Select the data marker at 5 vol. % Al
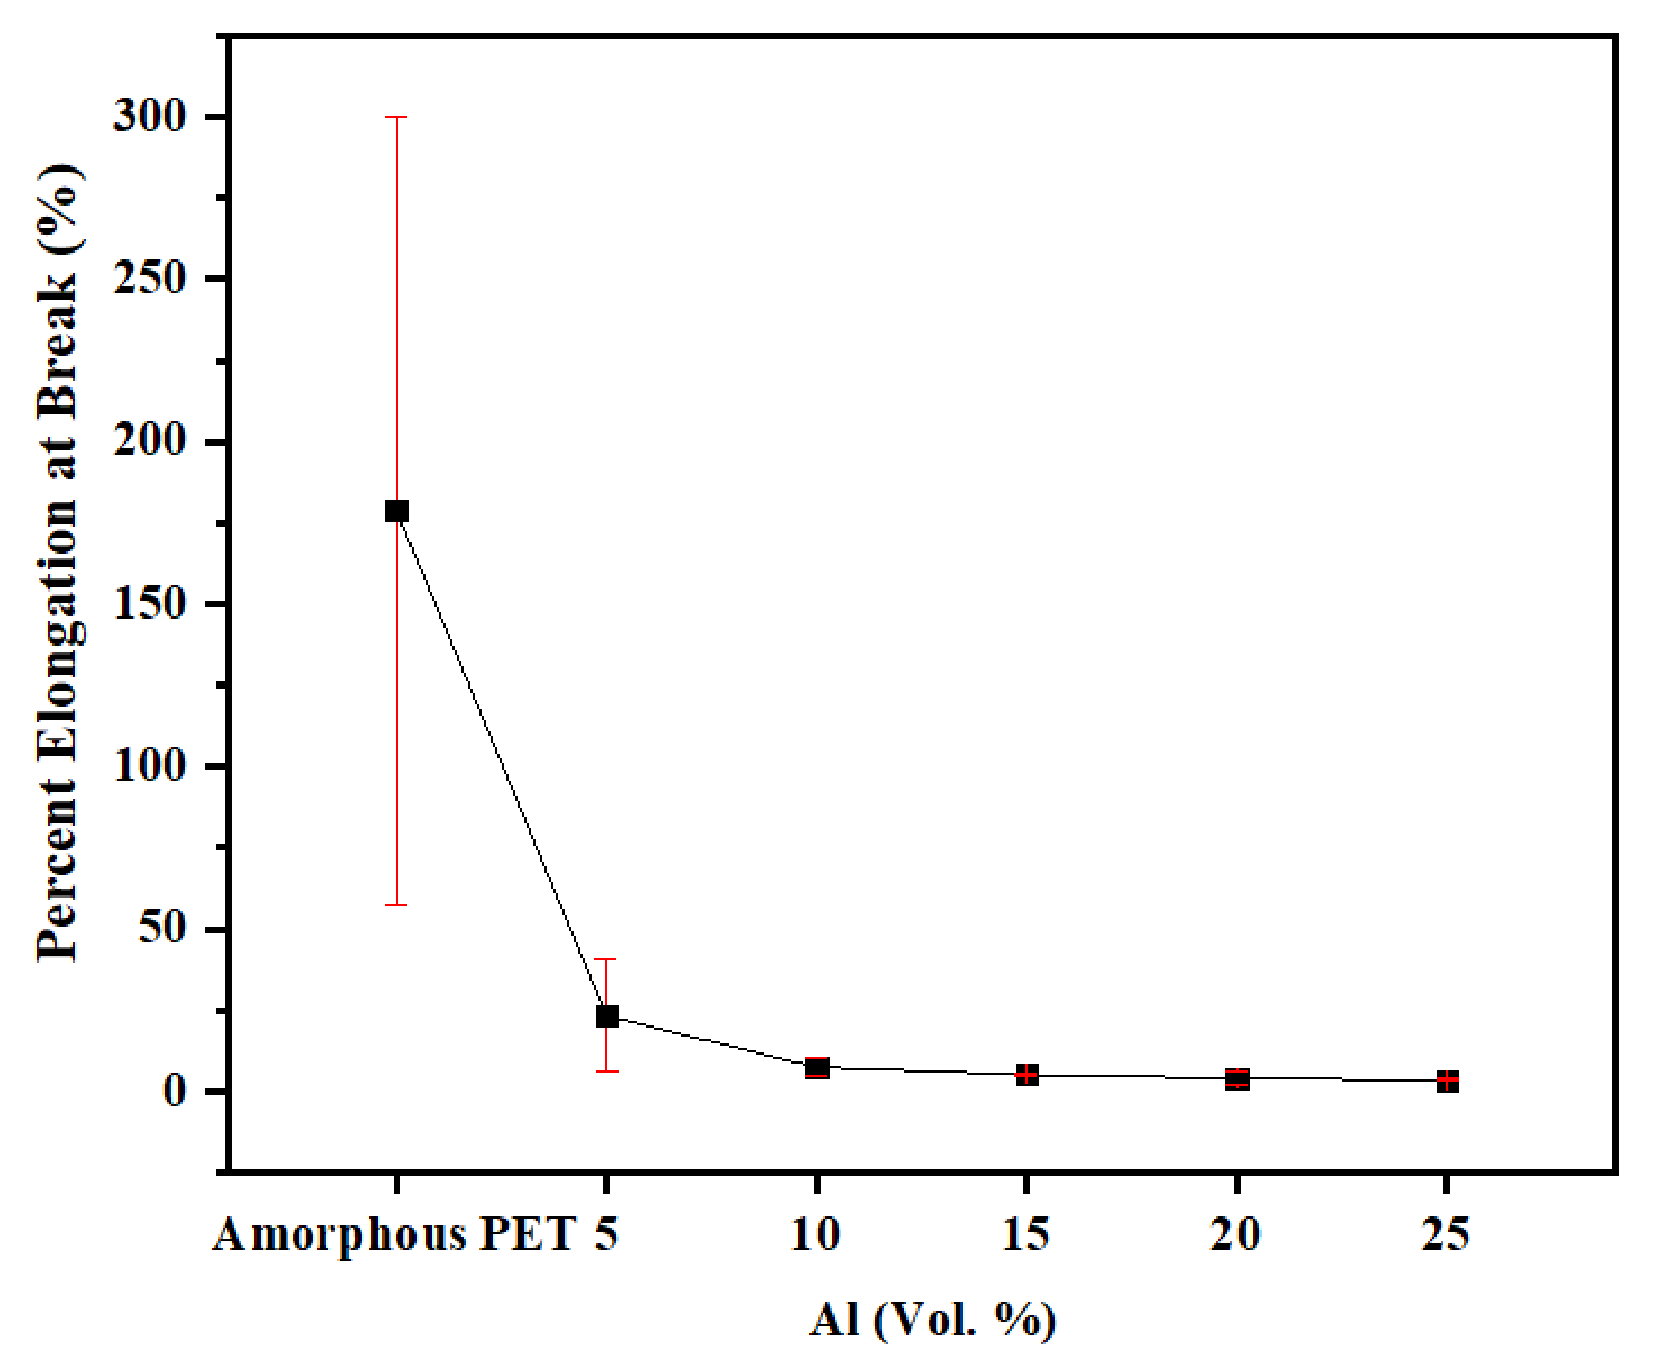pyautogui.click(x=606, y=1016)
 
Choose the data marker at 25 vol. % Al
pyautogui.click(x=1447, y=1081)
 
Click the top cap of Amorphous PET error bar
pyautogui.click(x=396, y=117)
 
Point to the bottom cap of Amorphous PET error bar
pyautogui.click(x=396, y=905)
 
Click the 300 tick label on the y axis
pyautogui.click(x=150, y=117)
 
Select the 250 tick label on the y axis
pyautogui.click(x=150, y=279)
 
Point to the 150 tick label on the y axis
pyautogui.click(x=150, y=604)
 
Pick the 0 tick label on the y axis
pyautogui.click(x=175, y=1091)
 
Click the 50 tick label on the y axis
pyautogui.click(x=162, y=929)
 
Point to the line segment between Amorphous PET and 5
pyautogui.click(x=501, y=764)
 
